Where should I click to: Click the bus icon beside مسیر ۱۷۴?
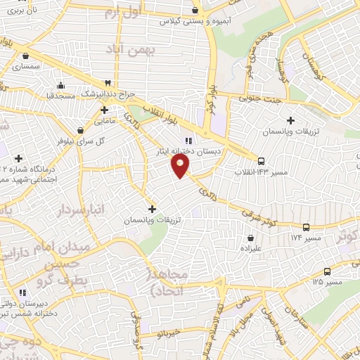click(x=306, y=227)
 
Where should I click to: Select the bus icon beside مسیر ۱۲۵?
click(x=327, y=271)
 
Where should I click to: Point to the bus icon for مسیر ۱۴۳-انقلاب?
click(x=261, y=160)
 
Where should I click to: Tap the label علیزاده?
click(x=251, y=248)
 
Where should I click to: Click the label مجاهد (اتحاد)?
click(x=167, y=281)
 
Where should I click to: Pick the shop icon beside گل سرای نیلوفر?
click(x=82, y=130)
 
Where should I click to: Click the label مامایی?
click(x=104, y=121)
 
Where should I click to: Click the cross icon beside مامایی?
click(x=104, y=110)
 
